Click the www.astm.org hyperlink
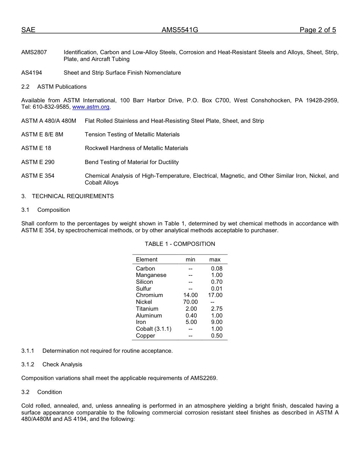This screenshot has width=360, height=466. tap(91, 107)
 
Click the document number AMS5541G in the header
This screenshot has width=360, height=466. tap(180, 30)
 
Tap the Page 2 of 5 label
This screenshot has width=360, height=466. tap(318, 30)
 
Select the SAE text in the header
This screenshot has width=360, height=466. tap(28, 30)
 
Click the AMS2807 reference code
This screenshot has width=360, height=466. tap(34, 52)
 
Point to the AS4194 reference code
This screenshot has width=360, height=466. tap(32, 73)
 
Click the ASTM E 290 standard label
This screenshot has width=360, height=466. tap(38, 162)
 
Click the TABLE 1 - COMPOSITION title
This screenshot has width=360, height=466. tap(180, 244)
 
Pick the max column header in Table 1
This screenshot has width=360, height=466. tap(215, 260)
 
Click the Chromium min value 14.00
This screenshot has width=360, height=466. tap(191, 295)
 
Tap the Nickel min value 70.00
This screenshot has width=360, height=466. tap(191, 302)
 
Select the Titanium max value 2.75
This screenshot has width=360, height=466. tap(217, 309)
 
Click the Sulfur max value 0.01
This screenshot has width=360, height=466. tap(217, 289)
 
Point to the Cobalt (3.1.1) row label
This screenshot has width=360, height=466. tap(153, 329)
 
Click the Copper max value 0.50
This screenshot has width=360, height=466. tap(217, 336)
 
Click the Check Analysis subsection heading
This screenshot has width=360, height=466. tap(62, 364)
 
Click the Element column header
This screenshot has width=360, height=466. tap(147, 260)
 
